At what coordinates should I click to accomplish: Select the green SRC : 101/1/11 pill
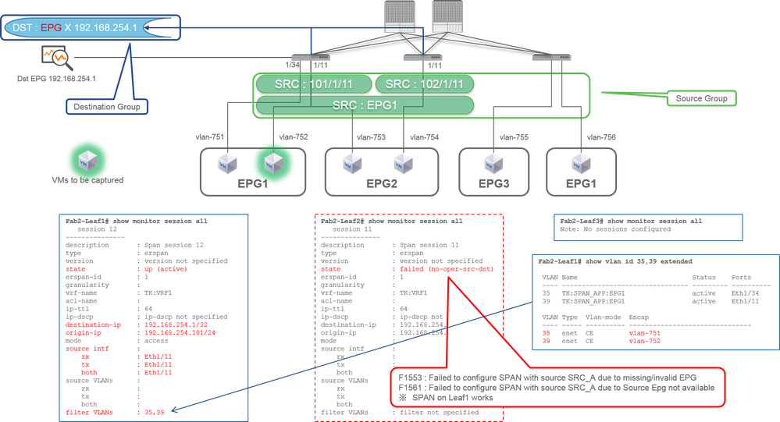313,84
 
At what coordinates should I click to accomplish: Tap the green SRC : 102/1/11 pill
424,84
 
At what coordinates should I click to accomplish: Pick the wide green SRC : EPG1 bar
365,105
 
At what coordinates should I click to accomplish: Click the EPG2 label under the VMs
378,186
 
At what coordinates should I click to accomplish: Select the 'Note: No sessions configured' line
615,229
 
